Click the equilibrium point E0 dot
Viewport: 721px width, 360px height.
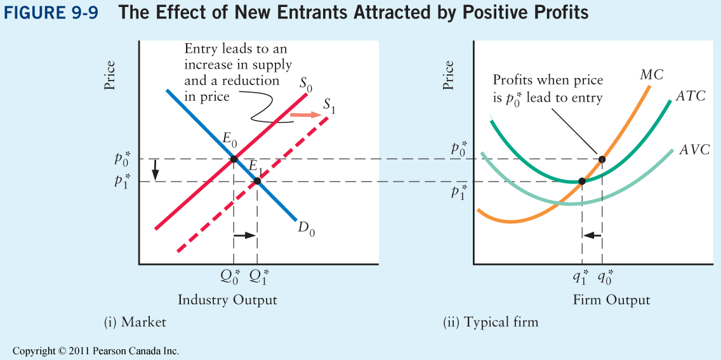pos(234,159)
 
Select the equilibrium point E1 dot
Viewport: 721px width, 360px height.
pos(257,182)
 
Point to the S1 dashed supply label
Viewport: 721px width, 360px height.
pos(329,106)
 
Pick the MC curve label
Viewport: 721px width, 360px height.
pos(652,75)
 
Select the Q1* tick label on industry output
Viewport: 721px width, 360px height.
pos(258,276)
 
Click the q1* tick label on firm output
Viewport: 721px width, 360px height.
pos(581,276)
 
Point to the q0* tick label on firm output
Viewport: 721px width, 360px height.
pos(604,276)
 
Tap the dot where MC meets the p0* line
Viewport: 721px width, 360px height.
pos(602,159)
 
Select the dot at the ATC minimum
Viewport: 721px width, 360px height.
pos(582,182)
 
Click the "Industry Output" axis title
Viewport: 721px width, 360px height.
pos(227,300)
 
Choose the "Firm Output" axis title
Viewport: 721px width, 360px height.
pos(611,300)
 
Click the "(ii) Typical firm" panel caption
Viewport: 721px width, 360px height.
pos(490,323)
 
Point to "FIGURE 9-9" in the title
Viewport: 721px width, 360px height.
pos(51,13)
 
